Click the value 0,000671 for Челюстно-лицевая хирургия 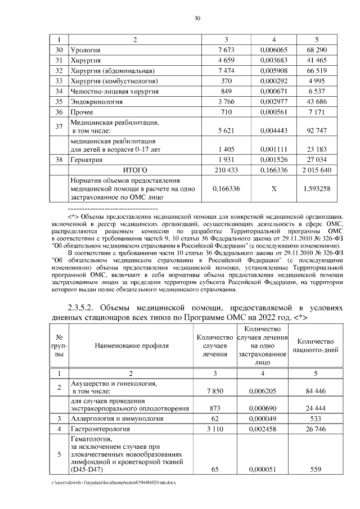point(273,91)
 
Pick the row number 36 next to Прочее point(58,111)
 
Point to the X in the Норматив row point(273,189)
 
